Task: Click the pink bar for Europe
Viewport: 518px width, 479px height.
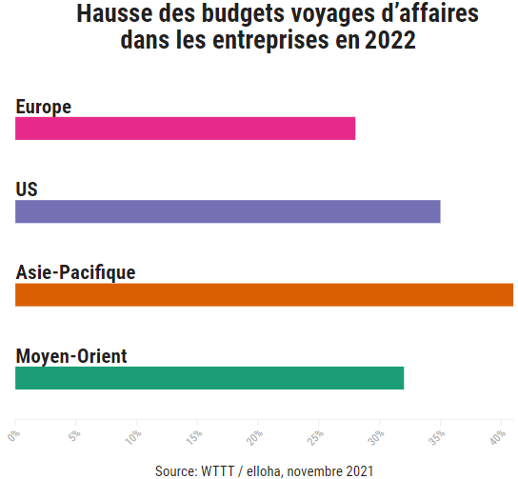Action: tap(185, 129)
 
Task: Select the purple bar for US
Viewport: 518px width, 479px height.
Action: tap(228, 211)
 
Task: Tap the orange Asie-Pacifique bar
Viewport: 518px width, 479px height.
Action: tap(264, 294)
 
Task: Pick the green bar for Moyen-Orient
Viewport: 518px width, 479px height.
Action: tap(209, 378)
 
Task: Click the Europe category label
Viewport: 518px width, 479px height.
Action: tap(44, 107)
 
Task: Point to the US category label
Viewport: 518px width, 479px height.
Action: tap(27, 190)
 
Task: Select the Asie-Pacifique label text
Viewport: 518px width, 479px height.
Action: tap(75, 272)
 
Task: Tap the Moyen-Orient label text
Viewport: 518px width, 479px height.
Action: tap(71, 356)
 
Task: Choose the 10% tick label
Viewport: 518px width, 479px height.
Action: tap(134, 438)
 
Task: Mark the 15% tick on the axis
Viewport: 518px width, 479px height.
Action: tap(195, 438)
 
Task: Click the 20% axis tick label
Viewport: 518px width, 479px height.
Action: tap(256, 438)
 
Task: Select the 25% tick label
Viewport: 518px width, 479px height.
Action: tap(317, 438)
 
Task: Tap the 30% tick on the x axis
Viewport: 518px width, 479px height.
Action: tap(378, 438)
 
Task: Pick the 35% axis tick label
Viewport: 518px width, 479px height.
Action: tap(439, 438)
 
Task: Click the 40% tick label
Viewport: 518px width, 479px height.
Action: tap(499, 438)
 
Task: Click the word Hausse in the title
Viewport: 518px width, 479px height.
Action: tap(110, 16)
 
